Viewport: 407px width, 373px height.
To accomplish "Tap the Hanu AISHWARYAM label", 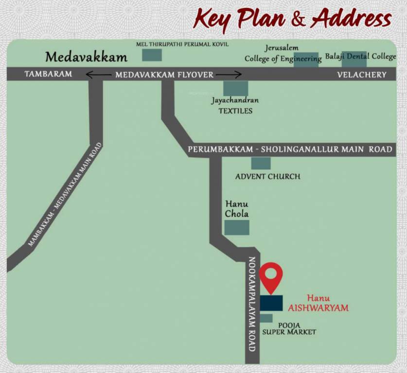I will tap(319, 303).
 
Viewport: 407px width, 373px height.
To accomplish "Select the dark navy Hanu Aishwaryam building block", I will tap(271, 303).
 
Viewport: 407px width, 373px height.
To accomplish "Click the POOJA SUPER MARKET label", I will tap(289, 328).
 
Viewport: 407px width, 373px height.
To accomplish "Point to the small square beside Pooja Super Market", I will tap(266, 318).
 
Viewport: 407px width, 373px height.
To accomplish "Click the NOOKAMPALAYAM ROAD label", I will tap(252, 304).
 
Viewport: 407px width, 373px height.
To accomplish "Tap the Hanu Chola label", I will tap(237, 209).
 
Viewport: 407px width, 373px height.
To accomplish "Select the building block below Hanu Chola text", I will tap(237, 227).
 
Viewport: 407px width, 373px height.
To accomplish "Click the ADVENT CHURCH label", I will tap(267, 176).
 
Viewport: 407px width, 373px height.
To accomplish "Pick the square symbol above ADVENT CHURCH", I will tap(261, 163).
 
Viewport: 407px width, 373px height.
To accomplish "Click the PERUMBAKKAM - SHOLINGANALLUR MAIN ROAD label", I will tap(290, 150).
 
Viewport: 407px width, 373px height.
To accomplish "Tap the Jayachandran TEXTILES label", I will tap(235, 105).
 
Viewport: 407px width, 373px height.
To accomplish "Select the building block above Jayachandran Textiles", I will tap(235, 88).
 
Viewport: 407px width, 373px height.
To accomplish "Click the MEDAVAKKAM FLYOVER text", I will tap(164, 75).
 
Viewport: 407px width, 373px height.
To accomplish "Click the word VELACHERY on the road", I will tap(362, 75).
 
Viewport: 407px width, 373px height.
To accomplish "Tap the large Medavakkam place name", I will tap(86, 57).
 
